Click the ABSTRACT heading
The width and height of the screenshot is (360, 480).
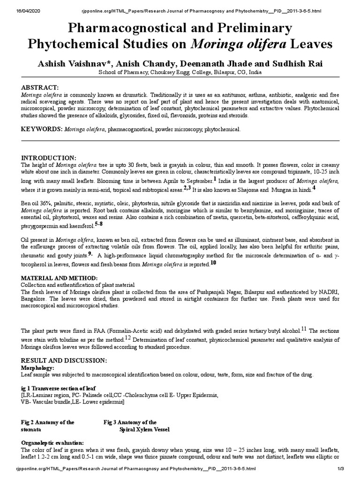[x=40, y=88]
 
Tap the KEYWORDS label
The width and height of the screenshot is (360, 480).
[x=41, y=128]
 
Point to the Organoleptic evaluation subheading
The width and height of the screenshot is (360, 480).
[x=53, y=442]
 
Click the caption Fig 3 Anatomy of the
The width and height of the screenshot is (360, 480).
[x=130, y=422]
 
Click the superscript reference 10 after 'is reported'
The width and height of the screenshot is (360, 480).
[x=213, y=262]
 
